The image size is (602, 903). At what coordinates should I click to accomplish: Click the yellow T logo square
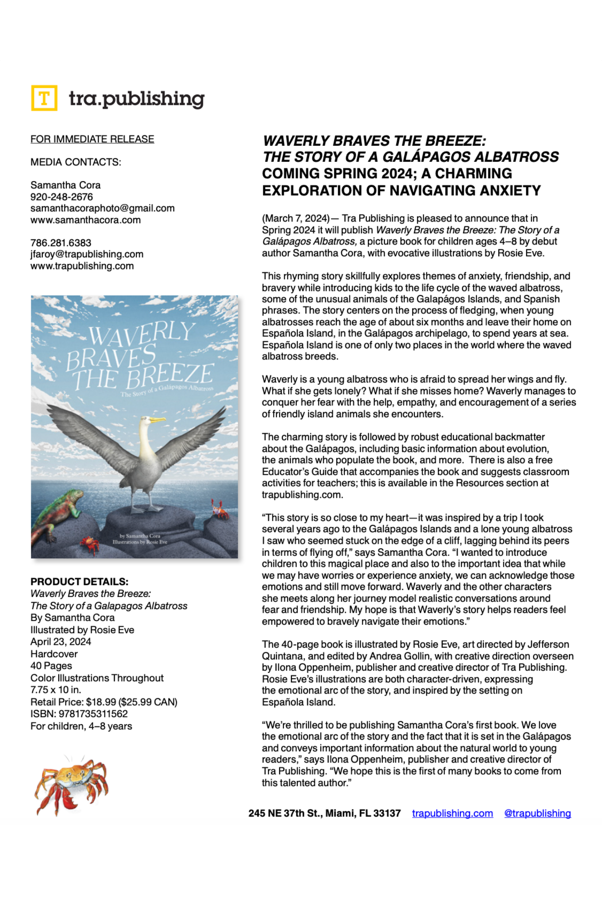(x=44, y=98)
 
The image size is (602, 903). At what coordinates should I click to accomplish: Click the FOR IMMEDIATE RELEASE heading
(x=92, y=139)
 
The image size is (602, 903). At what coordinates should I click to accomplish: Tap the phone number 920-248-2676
(x=61, y=197)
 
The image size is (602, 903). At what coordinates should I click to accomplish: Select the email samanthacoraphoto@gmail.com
(x=103, y=208)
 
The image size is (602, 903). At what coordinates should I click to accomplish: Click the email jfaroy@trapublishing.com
(x=87, y=254)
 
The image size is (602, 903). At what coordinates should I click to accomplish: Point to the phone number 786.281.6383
(x=61, y=243)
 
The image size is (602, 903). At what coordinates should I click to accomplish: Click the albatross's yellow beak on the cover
(x=157, y=420)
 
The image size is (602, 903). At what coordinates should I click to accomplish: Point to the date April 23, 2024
(x=61, y=641)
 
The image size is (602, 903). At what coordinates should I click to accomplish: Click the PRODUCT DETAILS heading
(x=80, y=581)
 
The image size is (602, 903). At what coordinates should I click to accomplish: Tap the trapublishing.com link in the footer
(x=452, y=813)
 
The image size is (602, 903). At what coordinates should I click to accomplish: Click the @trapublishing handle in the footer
(x=537, y=813)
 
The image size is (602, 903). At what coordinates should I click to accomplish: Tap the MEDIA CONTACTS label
(x=76, y=162)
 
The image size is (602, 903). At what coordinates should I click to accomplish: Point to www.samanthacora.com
(x=86, y=220)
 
